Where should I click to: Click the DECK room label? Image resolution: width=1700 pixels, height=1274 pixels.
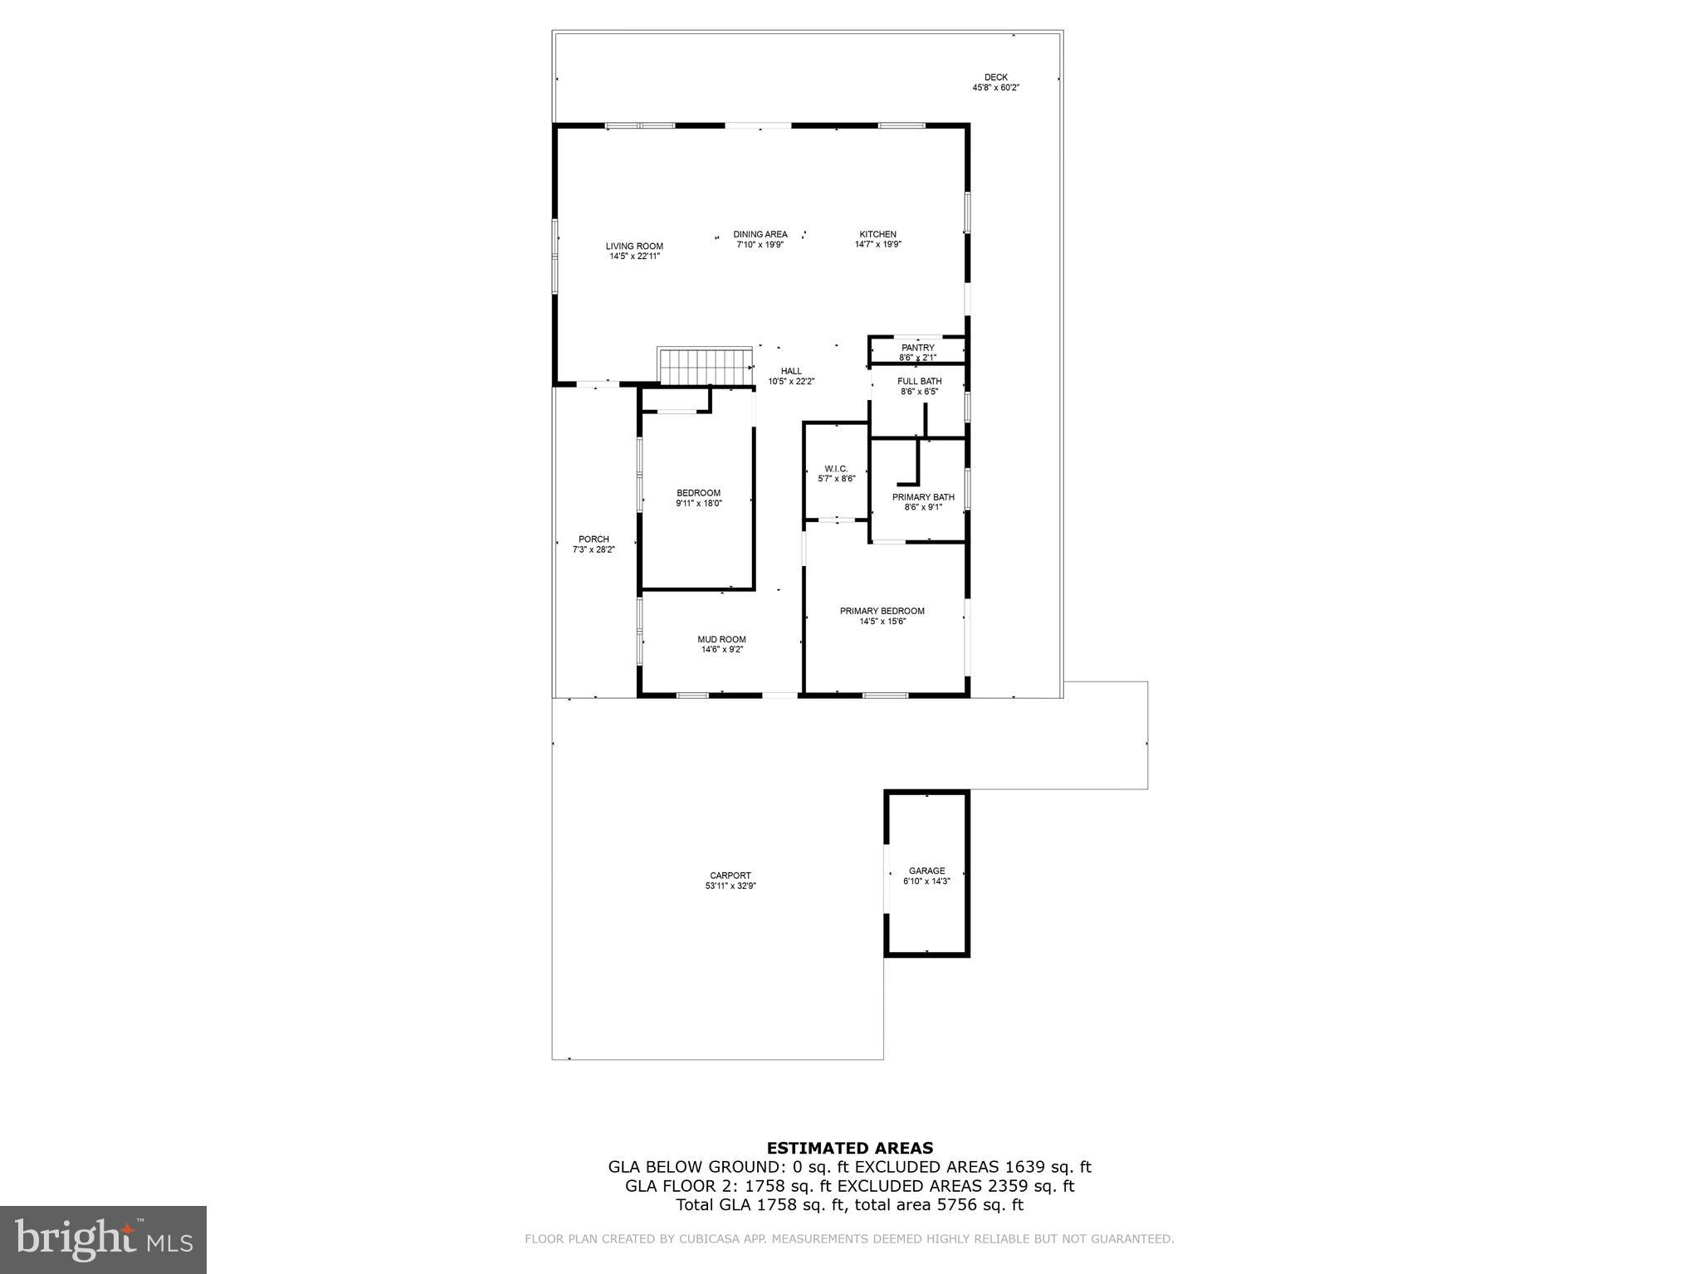click(x=995, y=77)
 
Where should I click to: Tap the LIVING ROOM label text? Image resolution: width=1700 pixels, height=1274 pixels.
click(x=634, y=247)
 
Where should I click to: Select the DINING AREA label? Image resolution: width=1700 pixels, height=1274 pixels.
click(x=760, y=235)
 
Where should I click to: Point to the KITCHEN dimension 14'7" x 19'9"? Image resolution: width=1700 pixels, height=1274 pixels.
click(x=877, y=245)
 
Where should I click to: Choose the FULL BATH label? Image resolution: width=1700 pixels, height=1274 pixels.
click(x=919, y=382)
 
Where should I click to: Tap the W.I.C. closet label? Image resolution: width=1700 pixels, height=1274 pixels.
click(x=836, y=469)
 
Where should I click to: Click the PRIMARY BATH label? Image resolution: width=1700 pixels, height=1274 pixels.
click(x=923, y=497)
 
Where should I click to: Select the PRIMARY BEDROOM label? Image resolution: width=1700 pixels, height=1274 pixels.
click(x=882, y=612)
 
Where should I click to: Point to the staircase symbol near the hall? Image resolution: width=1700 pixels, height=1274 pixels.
click(x=704, y=367)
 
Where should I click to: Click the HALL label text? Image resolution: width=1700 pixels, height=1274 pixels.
click(x=791, y=371)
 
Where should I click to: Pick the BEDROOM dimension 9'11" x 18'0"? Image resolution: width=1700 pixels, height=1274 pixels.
click(x=699, y=503)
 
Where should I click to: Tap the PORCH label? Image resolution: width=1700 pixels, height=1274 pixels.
click(x=594, y=539)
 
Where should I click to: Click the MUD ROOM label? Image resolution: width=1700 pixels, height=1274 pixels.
click(x=721, y=640)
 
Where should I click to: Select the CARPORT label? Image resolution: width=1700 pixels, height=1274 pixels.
click(x=730, y=876)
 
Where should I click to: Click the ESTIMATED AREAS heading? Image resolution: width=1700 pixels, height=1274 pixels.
click(x=849, y=1149)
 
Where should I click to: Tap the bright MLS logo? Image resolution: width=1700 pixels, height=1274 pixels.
click(x=103, y=1239)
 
